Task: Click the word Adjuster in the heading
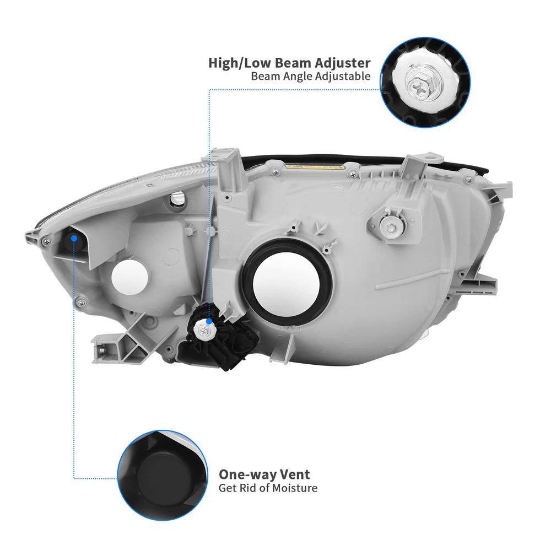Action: coord(343,63)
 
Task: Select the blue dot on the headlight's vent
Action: coord(74,239)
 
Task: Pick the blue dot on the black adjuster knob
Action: coord(209,321)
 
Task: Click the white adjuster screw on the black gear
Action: coord(203,330)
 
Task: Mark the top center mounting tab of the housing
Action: coord(229,165)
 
